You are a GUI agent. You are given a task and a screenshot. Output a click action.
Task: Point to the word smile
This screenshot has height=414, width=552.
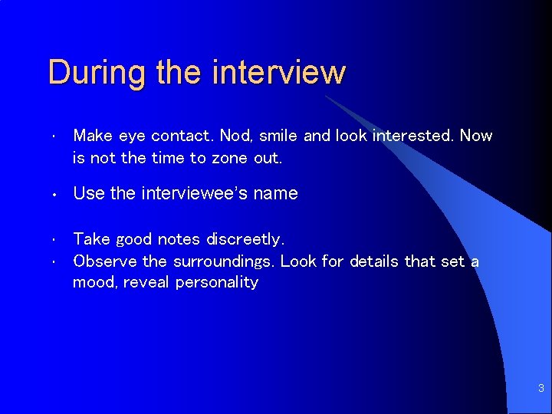(x=279, y=136)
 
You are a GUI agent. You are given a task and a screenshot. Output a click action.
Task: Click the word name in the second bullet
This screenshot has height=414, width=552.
(x=278, y=193)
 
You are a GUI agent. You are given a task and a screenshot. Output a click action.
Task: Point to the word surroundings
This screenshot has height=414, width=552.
(x=222, y=261)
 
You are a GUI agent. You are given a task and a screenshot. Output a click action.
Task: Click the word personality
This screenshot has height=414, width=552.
(x=217, y=283)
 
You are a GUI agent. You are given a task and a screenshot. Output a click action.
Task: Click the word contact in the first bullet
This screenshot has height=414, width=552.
(x=182, y=136)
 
